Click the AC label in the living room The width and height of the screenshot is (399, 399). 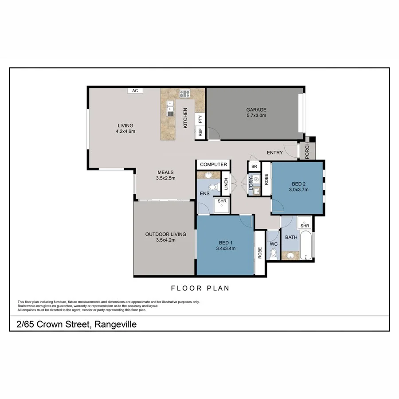(135, 90)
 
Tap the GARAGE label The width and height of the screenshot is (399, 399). (256, 110)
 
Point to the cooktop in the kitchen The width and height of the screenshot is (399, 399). (184, 94)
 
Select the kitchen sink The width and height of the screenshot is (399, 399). (170, 108)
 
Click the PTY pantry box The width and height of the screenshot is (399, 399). (200, 119)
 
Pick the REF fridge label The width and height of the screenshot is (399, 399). (200, 132)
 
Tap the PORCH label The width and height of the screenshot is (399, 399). (307, 151)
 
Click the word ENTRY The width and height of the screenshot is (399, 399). (274, 153)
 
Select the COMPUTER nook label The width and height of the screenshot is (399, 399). (213, 164)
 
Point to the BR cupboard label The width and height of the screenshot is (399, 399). (254, 167)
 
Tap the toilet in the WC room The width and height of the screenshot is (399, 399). (273, 254)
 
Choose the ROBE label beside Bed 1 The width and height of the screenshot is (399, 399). (260, 253)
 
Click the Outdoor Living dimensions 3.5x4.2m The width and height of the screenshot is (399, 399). (165, 240)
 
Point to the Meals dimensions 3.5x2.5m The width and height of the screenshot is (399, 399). (165, 178)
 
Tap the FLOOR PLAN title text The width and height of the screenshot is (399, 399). (200, 288)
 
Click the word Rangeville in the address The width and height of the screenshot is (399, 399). (115, 325)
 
